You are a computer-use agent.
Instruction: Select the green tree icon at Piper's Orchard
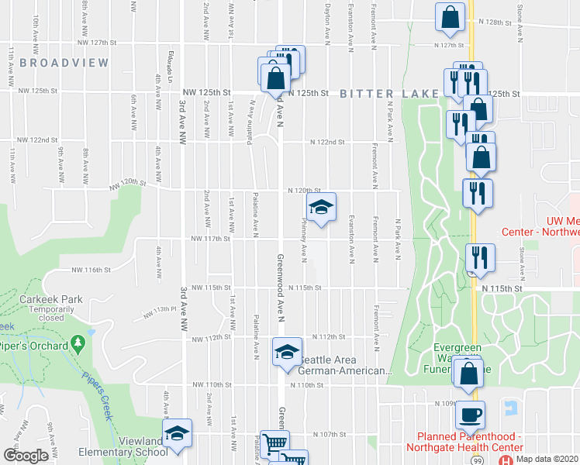pos(77,342)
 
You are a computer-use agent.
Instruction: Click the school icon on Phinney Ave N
pos(321,207)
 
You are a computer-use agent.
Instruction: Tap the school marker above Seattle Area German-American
pos(287,352)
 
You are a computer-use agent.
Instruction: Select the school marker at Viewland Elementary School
pos(177,432)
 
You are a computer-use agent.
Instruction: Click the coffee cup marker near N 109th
pos(470,415)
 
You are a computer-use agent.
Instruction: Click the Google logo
pos(26,456)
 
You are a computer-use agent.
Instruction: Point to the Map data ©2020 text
pos(547,459)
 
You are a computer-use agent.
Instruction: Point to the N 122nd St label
pos(327,142)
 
